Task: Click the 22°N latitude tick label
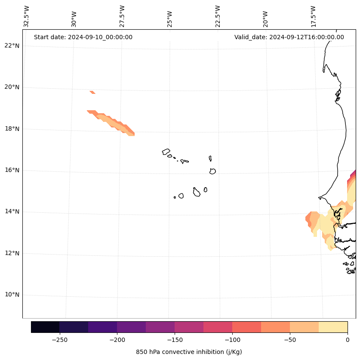(12, 46)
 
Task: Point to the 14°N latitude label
(12, 211)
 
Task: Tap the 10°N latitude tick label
(12, 295)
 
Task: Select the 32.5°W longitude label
(27, 16)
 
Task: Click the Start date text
(83, 37)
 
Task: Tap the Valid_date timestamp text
(289, 37)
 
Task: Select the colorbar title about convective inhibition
(189, 352)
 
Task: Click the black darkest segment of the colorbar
(45, 327)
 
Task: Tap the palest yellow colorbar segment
(333, 327)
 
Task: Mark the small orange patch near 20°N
(92, 92)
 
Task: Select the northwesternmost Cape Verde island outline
(166, 152)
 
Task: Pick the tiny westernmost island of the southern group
(175, 197)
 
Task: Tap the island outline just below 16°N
(212, 171)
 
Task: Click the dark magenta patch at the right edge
(354, 173)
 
